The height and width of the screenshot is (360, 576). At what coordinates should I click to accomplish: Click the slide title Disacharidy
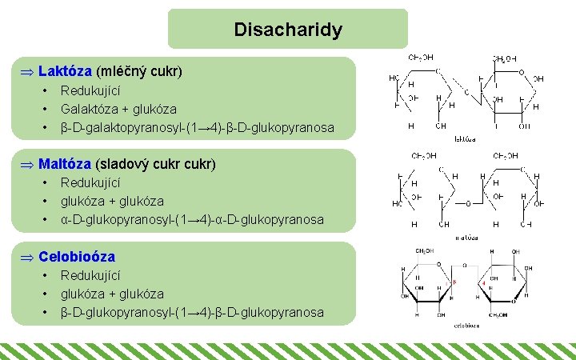click(x=288, y=30)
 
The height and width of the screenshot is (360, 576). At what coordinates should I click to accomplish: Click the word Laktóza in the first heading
click(x=65, y=71)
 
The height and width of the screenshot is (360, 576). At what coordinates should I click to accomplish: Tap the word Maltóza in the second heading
click(x=65, y=164)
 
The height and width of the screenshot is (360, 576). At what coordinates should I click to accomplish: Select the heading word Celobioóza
click(x=77, y=257)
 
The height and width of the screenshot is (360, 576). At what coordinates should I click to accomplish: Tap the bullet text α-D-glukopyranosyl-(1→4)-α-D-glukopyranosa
click(x=192, y=219)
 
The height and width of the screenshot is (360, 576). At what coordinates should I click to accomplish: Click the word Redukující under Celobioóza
click(x=90, y=275)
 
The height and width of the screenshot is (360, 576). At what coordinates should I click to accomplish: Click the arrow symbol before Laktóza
click(x=27, y=72)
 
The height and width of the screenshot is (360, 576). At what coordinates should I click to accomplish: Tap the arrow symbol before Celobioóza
click(x=27, y=258)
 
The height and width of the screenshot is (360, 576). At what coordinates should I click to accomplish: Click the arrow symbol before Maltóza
click(x=27, y=165)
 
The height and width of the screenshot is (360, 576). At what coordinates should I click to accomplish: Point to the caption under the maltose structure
click(x=466, y=237)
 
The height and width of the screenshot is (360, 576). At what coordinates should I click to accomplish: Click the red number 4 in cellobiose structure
click(x=483, y=284)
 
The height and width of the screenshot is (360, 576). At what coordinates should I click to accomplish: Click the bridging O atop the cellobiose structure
click(x=465, y=265)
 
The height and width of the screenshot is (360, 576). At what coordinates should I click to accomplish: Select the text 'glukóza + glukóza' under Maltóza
click(x=112, y=201)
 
